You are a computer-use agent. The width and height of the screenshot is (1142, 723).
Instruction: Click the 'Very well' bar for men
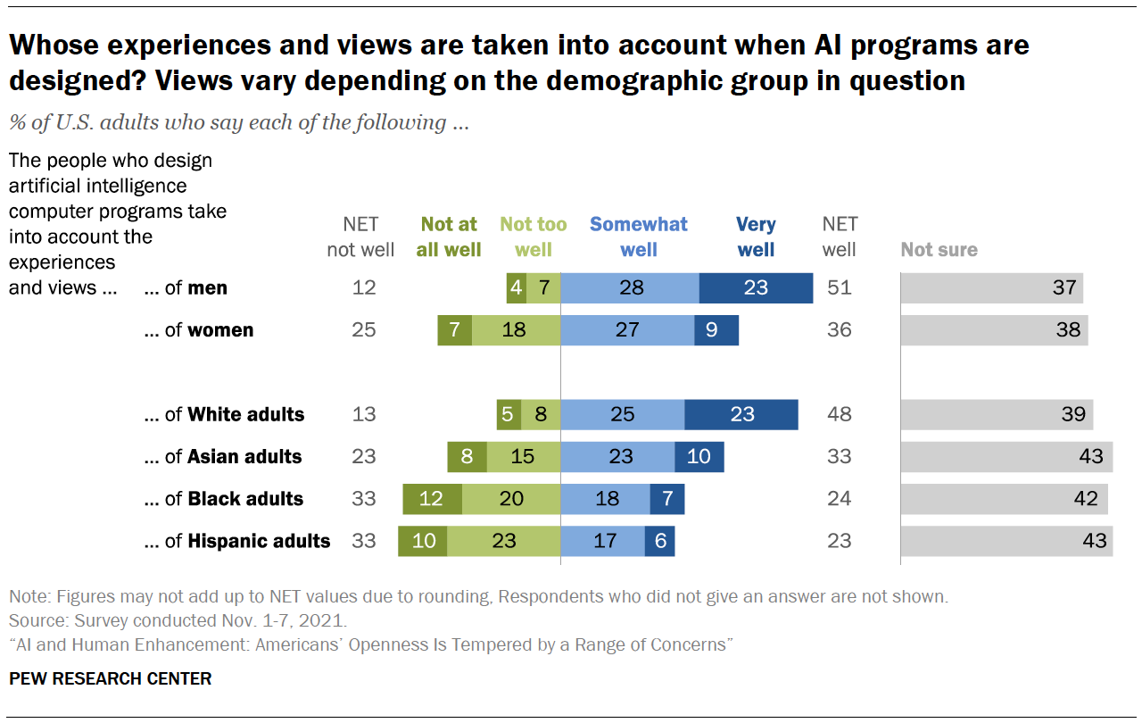756,288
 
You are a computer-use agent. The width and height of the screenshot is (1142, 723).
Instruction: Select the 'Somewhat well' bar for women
627,330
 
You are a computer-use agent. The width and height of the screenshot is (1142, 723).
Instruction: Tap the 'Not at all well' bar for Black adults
432,499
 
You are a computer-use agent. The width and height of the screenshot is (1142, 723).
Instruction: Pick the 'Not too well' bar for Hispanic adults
504,541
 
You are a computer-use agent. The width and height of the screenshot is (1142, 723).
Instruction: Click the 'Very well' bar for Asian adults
699,457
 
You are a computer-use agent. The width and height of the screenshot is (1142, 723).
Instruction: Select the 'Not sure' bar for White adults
997,414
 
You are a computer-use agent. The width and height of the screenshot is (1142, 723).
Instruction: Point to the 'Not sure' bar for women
994,330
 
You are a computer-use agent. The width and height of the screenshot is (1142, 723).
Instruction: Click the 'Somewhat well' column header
639,237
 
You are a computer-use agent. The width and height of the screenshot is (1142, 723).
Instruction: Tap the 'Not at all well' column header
449,237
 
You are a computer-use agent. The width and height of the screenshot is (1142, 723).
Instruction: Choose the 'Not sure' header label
939,250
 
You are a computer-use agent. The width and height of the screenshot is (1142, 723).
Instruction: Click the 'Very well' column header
756,237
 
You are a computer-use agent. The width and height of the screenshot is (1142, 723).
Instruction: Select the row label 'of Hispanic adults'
237,541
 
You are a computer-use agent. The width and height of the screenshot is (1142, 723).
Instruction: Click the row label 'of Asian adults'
223,457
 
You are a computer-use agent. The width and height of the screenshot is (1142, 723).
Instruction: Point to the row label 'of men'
186,288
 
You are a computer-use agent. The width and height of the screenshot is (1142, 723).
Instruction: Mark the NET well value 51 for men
839,288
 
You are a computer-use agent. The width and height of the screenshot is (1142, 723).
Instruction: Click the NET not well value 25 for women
364,330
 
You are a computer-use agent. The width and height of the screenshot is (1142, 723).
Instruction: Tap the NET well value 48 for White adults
839,414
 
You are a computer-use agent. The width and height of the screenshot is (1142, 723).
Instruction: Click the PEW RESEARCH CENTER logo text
110,679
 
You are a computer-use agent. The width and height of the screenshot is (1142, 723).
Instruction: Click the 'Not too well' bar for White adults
541,414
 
